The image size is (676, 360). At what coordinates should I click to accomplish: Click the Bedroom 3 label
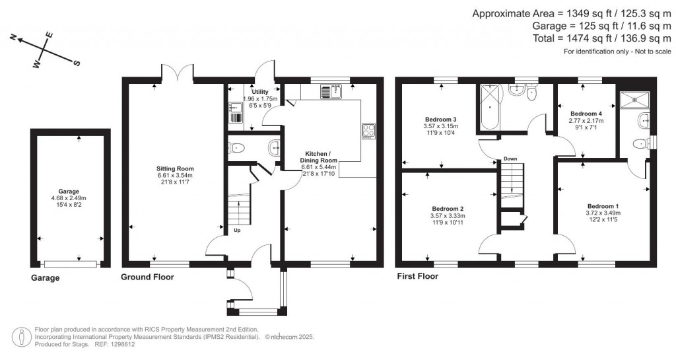[440, 119]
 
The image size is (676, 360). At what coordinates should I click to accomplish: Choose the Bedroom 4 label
[584, 113]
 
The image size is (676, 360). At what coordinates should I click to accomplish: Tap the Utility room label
[259, 91]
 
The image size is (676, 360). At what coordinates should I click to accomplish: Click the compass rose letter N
[13, 39]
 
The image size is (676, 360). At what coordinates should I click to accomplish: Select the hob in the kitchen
[368, 131]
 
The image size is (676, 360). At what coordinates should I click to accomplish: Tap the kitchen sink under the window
[329, 91]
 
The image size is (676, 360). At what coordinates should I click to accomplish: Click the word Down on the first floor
[510, 159]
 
